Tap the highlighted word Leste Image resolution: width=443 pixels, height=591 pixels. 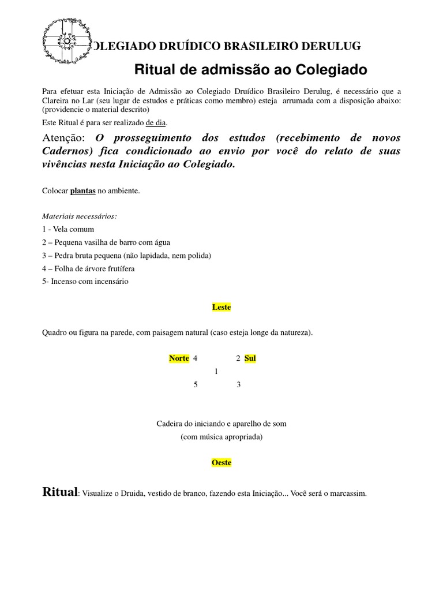click(221, 307)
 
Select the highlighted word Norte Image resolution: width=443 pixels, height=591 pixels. click(179, 358)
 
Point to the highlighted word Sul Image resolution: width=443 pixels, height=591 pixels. click(250, 358)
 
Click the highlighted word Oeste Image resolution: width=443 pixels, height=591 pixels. click(221, 463)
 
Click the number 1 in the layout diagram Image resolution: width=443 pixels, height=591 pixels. click(216, 372)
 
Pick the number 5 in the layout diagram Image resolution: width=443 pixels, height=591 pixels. click(196, 385)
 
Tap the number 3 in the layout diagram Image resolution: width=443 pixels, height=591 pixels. click(238, 385)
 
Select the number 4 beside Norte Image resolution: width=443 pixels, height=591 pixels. click(196, 358)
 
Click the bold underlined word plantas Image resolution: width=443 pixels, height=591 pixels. click(83, 190)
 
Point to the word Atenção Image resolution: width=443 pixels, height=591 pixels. click(64, 138)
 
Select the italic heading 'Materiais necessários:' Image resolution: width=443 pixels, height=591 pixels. click(80, 216)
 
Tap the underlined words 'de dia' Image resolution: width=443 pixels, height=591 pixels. click(156, 122)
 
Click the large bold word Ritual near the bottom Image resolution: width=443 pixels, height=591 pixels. click(60, 492)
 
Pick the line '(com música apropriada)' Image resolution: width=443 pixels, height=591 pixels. click(221, 437)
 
